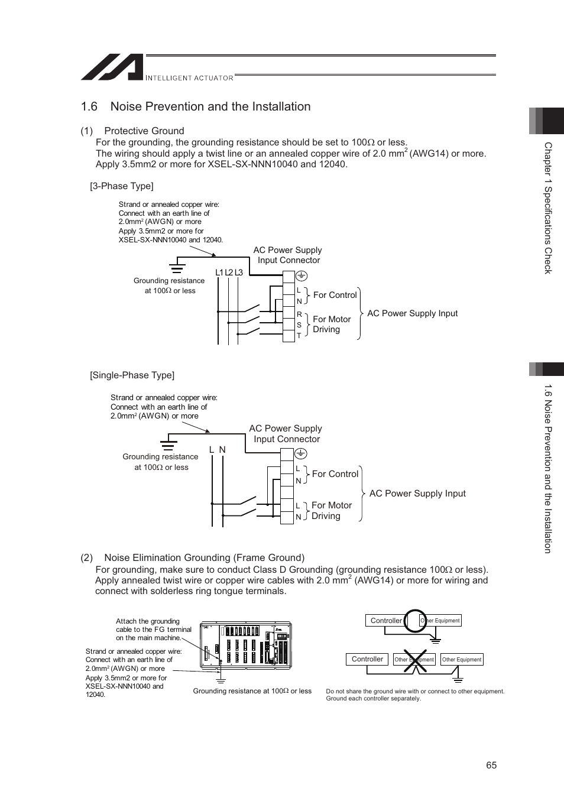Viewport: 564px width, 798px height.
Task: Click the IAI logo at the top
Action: click(x=112, y=67)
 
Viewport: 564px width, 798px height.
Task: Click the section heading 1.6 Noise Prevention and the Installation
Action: click(x=196, y=106)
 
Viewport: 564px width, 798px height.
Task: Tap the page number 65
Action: click(x=491, y=765)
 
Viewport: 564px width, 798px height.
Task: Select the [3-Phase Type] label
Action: click(x=122, y=186)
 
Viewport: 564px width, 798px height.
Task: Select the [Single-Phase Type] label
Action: click(x=132, y=375)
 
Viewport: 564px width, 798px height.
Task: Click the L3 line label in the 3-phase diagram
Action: click(x=239, y=273)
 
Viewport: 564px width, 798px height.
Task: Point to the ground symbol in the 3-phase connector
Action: click(x=300, y=276)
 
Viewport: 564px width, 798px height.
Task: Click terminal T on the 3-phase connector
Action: click(x=299, y=335)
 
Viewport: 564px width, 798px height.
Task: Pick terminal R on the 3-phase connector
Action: click(x=299, y=314)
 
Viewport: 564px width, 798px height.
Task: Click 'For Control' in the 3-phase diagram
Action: click(x=335, y=295)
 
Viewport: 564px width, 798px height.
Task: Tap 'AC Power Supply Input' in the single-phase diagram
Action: click(x=417, y=494)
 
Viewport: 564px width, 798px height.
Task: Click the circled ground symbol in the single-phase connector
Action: click(x=300, y=453)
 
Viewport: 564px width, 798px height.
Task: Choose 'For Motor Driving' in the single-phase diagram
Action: click(x=331, y=511)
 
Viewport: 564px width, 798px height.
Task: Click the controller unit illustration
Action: click(x=246, y=644)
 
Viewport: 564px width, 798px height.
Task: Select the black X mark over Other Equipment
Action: click(x=415, y=660)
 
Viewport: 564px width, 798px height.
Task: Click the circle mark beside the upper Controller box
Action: click(x=415, y=620)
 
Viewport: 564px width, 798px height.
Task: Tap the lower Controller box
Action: click(x=367, y=659)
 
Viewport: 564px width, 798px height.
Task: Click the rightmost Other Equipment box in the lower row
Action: click(x=462, y=660)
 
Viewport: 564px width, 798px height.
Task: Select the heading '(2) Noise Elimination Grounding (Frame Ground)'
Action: click(x=193, y=557)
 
